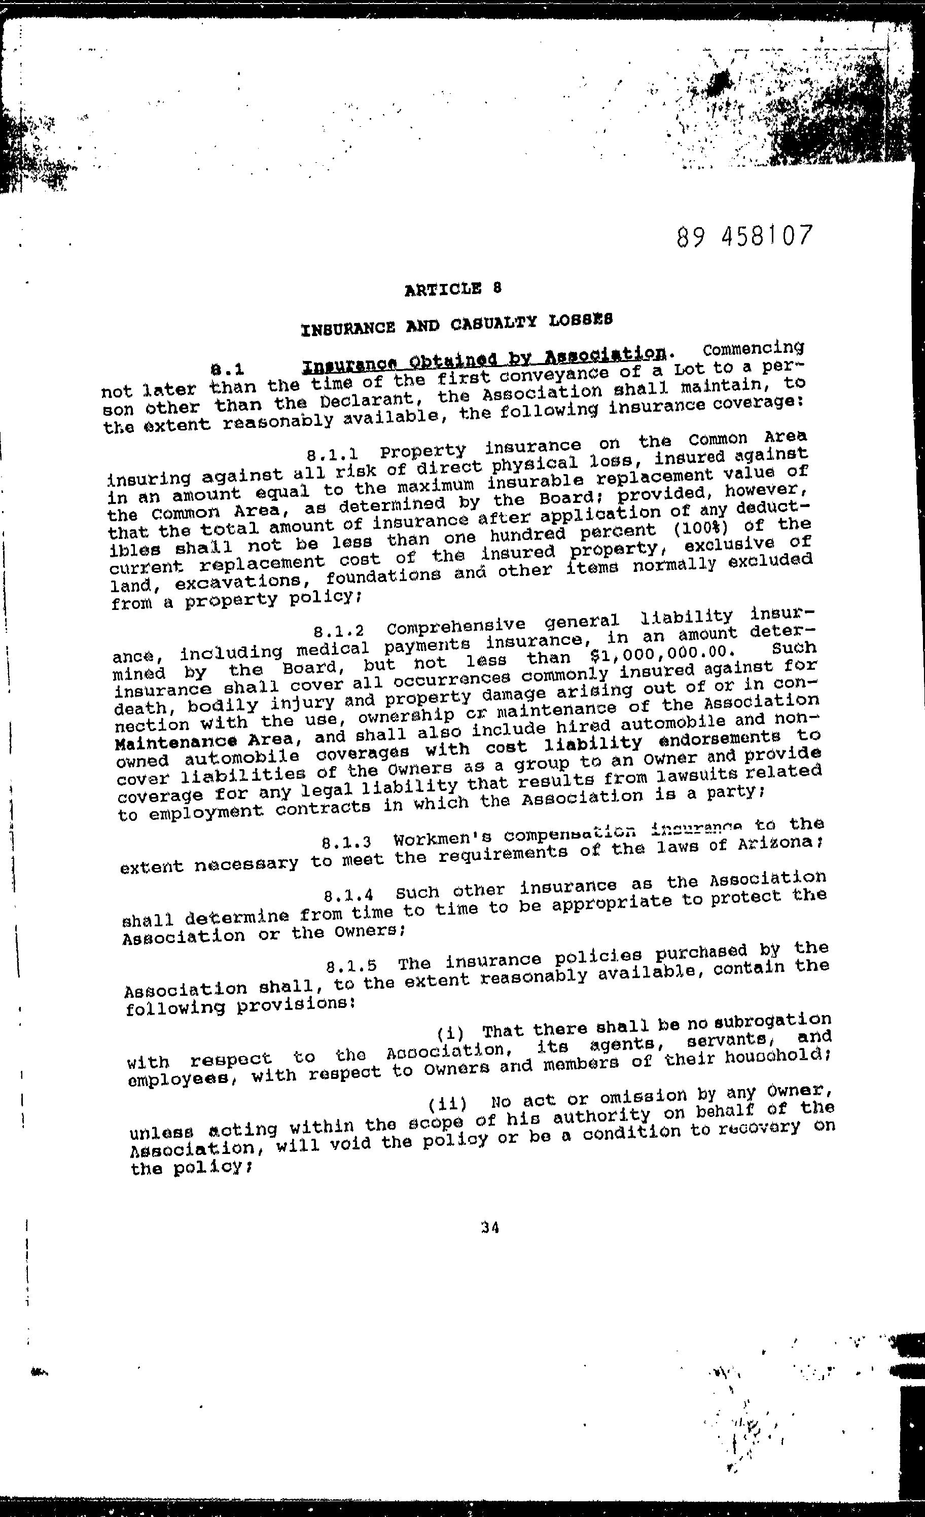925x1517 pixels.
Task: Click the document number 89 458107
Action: (x=744, y=236)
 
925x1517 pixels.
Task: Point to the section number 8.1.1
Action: (x=333, y=456)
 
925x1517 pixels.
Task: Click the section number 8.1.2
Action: (x=339, y=632)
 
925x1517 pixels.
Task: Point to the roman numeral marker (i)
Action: (x=450, y=1032)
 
